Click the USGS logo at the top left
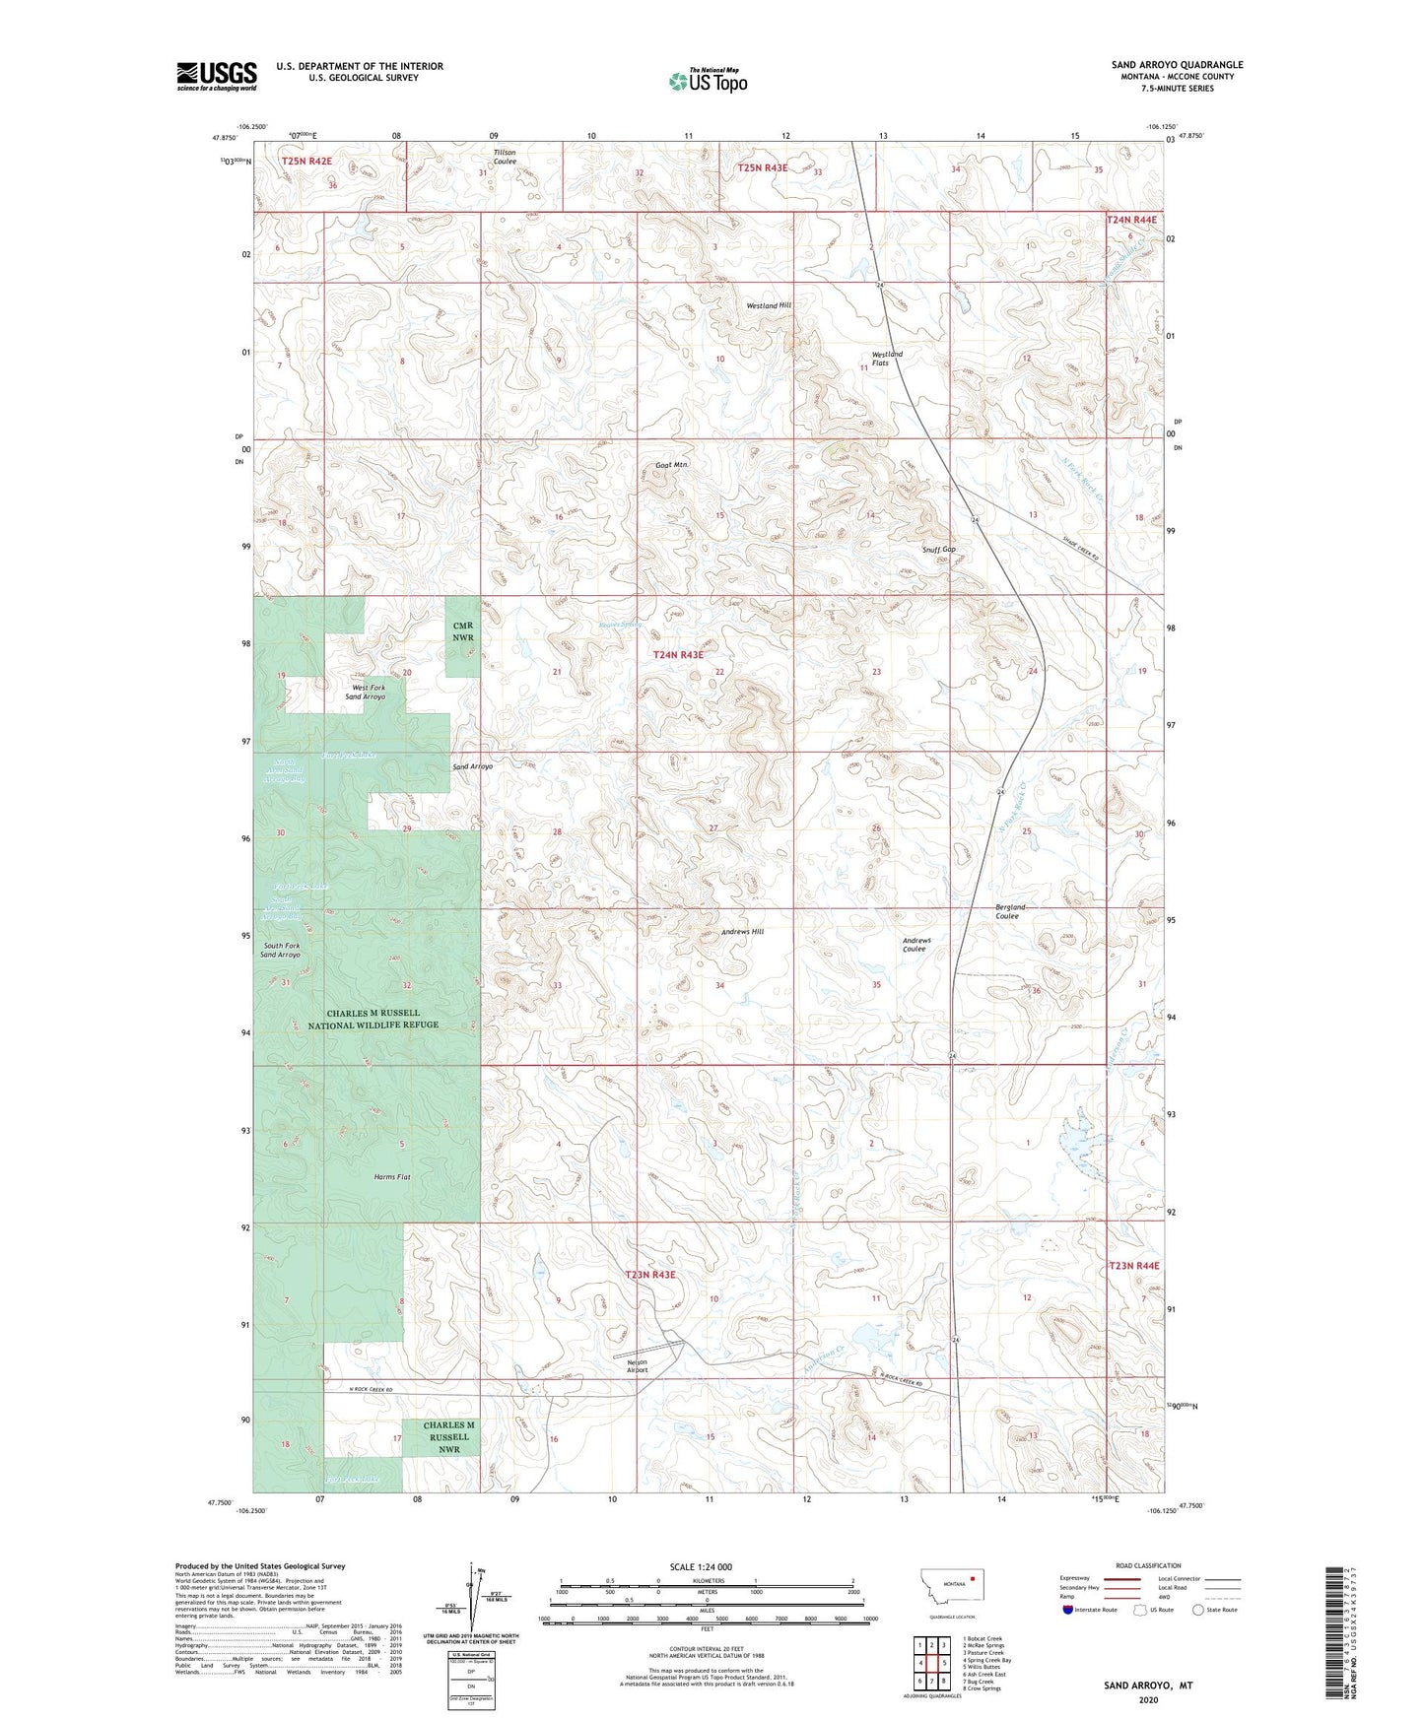(217, 75)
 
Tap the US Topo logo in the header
(708, 81)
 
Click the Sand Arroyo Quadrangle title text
(1178, 65)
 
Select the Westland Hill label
(769, 305)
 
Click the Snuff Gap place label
(938, 549)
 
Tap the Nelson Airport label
(638, 1365)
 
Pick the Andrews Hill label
(742, 931)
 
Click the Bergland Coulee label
(1010, 911)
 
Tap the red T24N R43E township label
(679, 654)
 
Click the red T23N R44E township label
(1134, 1265)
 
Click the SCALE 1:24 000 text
(701, 1566)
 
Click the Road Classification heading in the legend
(1148, 1565)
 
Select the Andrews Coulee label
(916, 945)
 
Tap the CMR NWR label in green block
(463, 631)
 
